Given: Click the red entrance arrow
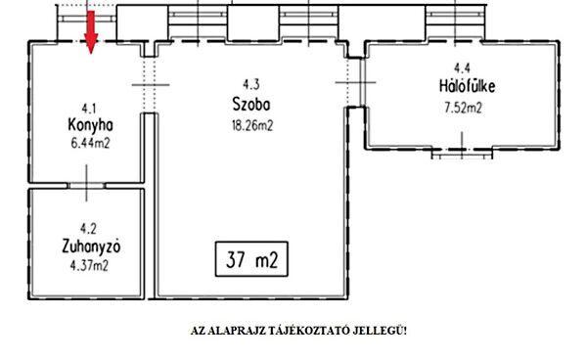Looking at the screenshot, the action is point(91,32).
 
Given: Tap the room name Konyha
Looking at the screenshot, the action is point(90,125).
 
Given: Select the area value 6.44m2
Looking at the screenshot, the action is point(90,143).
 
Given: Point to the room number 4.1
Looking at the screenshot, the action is point(89,109).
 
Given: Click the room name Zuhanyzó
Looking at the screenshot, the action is point(91,247).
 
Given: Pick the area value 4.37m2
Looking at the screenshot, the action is point(89,266).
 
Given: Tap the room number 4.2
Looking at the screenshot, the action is point(88,228).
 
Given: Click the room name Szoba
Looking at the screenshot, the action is point(250,105).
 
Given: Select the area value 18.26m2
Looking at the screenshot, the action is point(252,125).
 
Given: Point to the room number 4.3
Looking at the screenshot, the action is point(250,84).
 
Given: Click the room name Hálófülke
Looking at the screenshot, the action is point(468,86).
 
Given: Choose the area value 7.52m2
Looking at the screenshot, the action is point(463,108).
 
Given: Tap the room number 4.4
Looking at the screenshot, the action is point(463,68).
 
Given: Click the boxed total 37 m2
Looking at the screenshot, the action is point(251,259).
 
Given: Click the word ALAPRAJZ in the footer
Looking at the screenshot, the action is point(239,332).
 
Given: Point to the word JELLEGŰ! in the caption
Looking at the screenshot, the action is point(379,332).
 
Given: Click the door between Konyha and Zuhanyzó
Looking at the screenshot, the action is point(87,186).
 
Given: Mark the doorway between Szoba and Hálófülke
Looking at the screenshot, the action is point(357,82).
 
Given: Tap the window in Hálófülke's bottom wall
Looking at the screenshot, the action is point(462,153).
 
